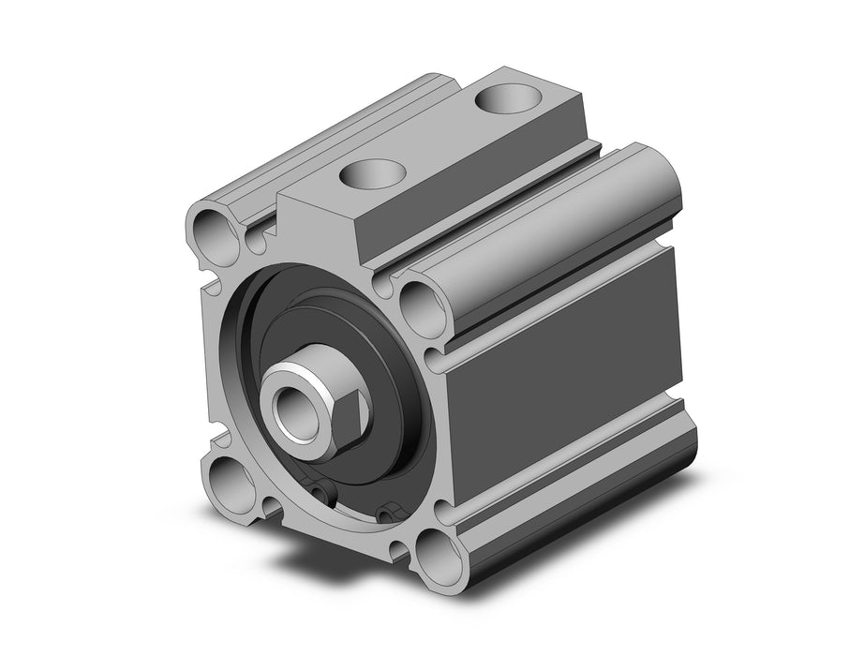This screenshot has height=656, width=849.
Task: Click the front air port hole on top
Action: (x=373, y=171)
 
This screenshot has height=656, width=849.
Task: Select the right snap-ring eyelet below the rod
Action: (x=388, y=510)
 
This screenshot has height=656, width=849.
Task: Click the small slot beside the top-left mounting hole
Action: (x=256, y=242)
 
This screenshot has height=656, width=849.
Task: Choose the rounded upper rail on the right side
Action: (x=553, y=225)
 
